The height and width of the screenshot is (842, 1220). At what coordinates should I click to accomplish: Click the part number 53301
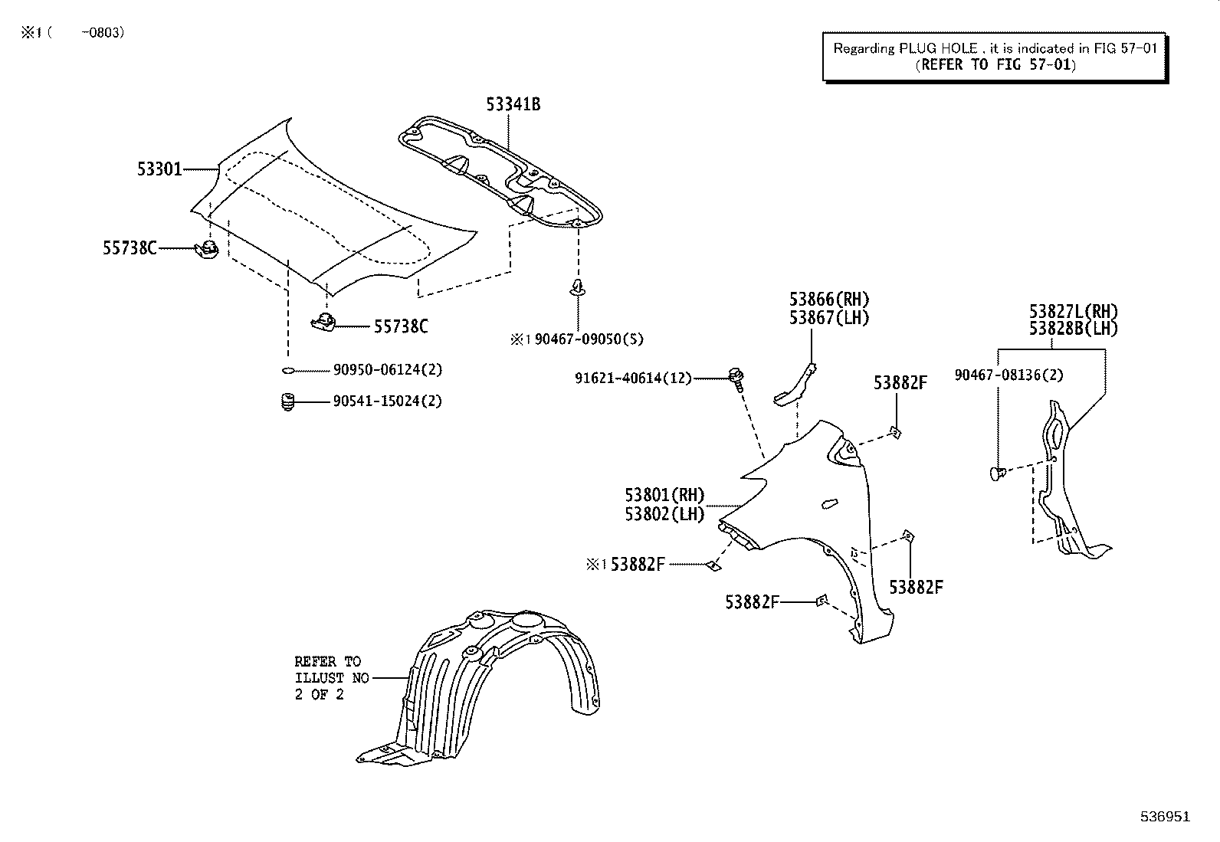tap(160, 169)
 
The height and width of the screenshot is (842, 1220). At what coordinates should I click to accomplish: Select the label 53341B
tap(513, 104)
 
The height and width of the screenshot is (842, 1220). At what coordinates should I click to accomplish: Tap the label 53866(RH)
tap(829, 300)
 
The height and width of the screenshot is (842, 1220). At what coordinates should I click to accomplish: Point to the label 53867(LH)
tap(829, 317)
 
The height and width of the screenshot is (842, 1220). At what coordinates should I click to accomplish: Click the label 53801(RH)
tap(664, 496)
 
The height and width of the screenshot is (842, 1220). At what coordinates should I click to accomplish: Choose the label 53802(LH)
tap(664, 514)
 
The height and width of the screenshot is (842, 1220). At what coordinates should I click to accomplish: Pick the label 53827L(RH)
tap(1073, 312)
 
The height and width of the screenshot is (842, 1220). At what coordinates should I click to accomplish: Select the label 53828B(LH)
tap(1073, 329)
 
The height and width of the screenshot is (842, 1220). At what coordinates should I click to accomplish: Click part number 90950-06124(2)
tap(388, 370)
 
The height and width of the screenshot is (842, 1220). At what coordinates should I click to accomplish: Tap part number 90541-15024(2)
tap(388, 401)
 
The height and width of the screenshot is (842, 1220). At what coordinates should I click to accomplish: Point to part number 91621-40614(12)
tap(634, 378)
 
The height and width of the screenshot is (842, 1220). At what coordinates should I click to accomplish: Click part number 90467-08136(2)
tap(1008, 375)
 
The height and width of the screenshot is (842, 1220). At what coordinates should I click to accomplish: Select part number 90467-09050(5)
tap(589, 339)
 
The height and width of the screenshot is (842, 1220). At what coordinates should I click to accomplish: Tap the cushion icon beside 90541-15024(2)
tap(288, 401)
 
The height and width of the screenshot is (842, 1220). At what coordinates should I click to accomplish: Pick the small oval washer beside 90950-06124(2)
tap(288, 371)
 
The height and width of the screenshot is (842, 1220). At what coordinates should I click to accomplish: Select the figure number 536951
tap(1164, 817)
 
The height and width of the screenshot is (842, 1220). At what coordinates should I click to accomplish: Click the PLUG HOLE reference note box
tap(995, 57)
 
